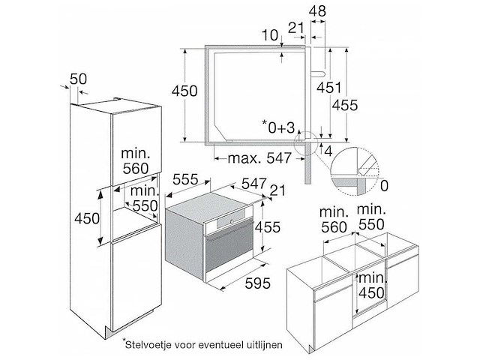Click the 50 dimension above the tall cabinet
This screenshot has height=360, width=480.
(x=78, y=79)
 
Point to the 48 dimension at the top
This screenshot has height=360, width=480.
(x=317, y=11)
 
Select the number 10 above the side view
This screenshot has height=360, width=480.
(x=270, y=35)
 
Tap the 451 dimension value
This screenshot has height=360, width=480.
(x=328, y=88)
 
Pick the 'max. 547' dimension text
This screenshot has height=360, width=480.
(x=259, y=158)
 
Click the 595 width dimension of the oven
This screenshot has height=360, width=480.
(x=258, y=283)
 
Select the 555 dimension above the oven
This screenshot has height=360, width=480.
(x=185, y=179)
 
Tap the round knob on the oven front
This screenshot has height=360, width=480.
(x=232, y=221)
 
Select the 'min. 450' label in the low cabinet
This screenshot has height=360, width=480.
(x=371, y=286)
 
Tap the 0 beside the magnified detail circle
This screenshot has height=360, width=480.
(x=384, y=186)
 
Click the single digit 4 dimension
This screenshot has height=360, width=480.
(x=328, y=151)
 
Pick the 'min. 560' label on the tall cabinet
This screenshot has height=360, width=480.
(x=136, y=160)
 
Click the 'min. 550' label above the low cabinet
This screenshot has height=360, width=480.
(x=371, y=217)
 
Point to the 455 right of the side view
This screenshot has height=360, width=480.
(x=345, y=105)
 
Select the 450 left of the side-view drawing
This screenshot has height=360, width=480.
(x=184, y=91)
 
